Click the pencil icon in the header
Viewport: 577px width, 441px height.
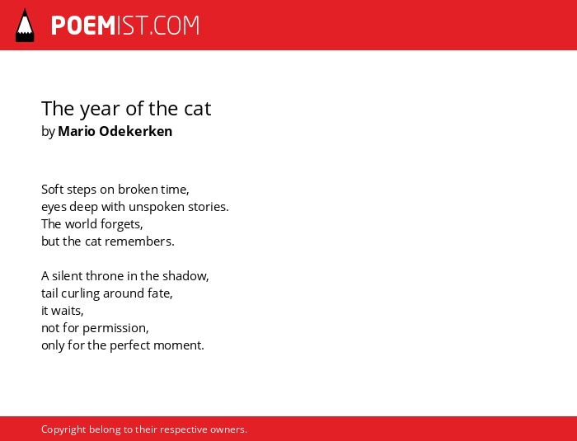click(x=25, y=25)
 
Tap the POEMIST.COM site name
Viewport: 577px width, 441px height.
click(x=125, y=26)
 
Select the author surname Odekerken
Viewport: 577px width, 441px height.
click(x=136, y=131)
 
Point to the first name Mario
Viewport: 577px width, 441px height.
click(x=77, y=131)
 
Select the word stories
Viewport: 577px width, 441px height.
click(x=209, y=207)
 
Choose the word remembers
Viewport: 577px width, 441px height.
click(x=139, y=242)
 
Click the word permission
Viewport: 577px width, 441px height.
click(x=115, y=329)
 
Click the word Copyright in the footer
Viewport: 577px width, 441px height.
click(x=63, y=430)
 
